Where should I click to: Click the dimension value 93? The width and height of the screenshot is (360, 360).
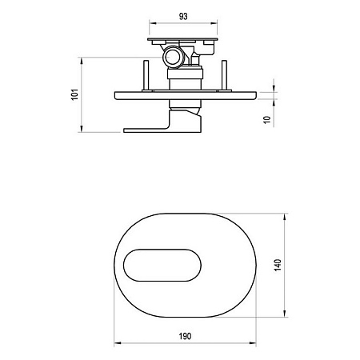click(x=183, y=17)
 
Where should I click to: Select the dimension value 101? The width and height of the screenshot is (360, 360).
click(x=75, y=94)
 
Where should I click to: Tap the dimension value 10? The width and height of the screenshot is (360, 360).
click(x=267, y=119)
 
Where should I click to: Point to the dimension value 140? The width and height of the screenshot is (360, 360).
click(x=278, y=265)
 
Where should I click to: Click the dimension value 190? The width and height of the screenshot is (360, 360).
click(x=185, y=336)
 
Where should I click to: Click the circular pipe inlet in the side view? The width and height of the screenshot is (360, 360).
click(x=173, y=57)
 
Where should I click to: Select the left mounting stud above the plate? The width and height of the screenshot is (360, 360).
click(x=146, y=75)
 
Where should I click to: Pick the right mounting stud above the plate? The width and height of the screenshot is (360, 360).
click(x=224, y=75)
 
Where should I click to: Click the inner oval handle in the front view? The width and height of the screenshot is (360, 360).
click(x=162, y=266)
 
